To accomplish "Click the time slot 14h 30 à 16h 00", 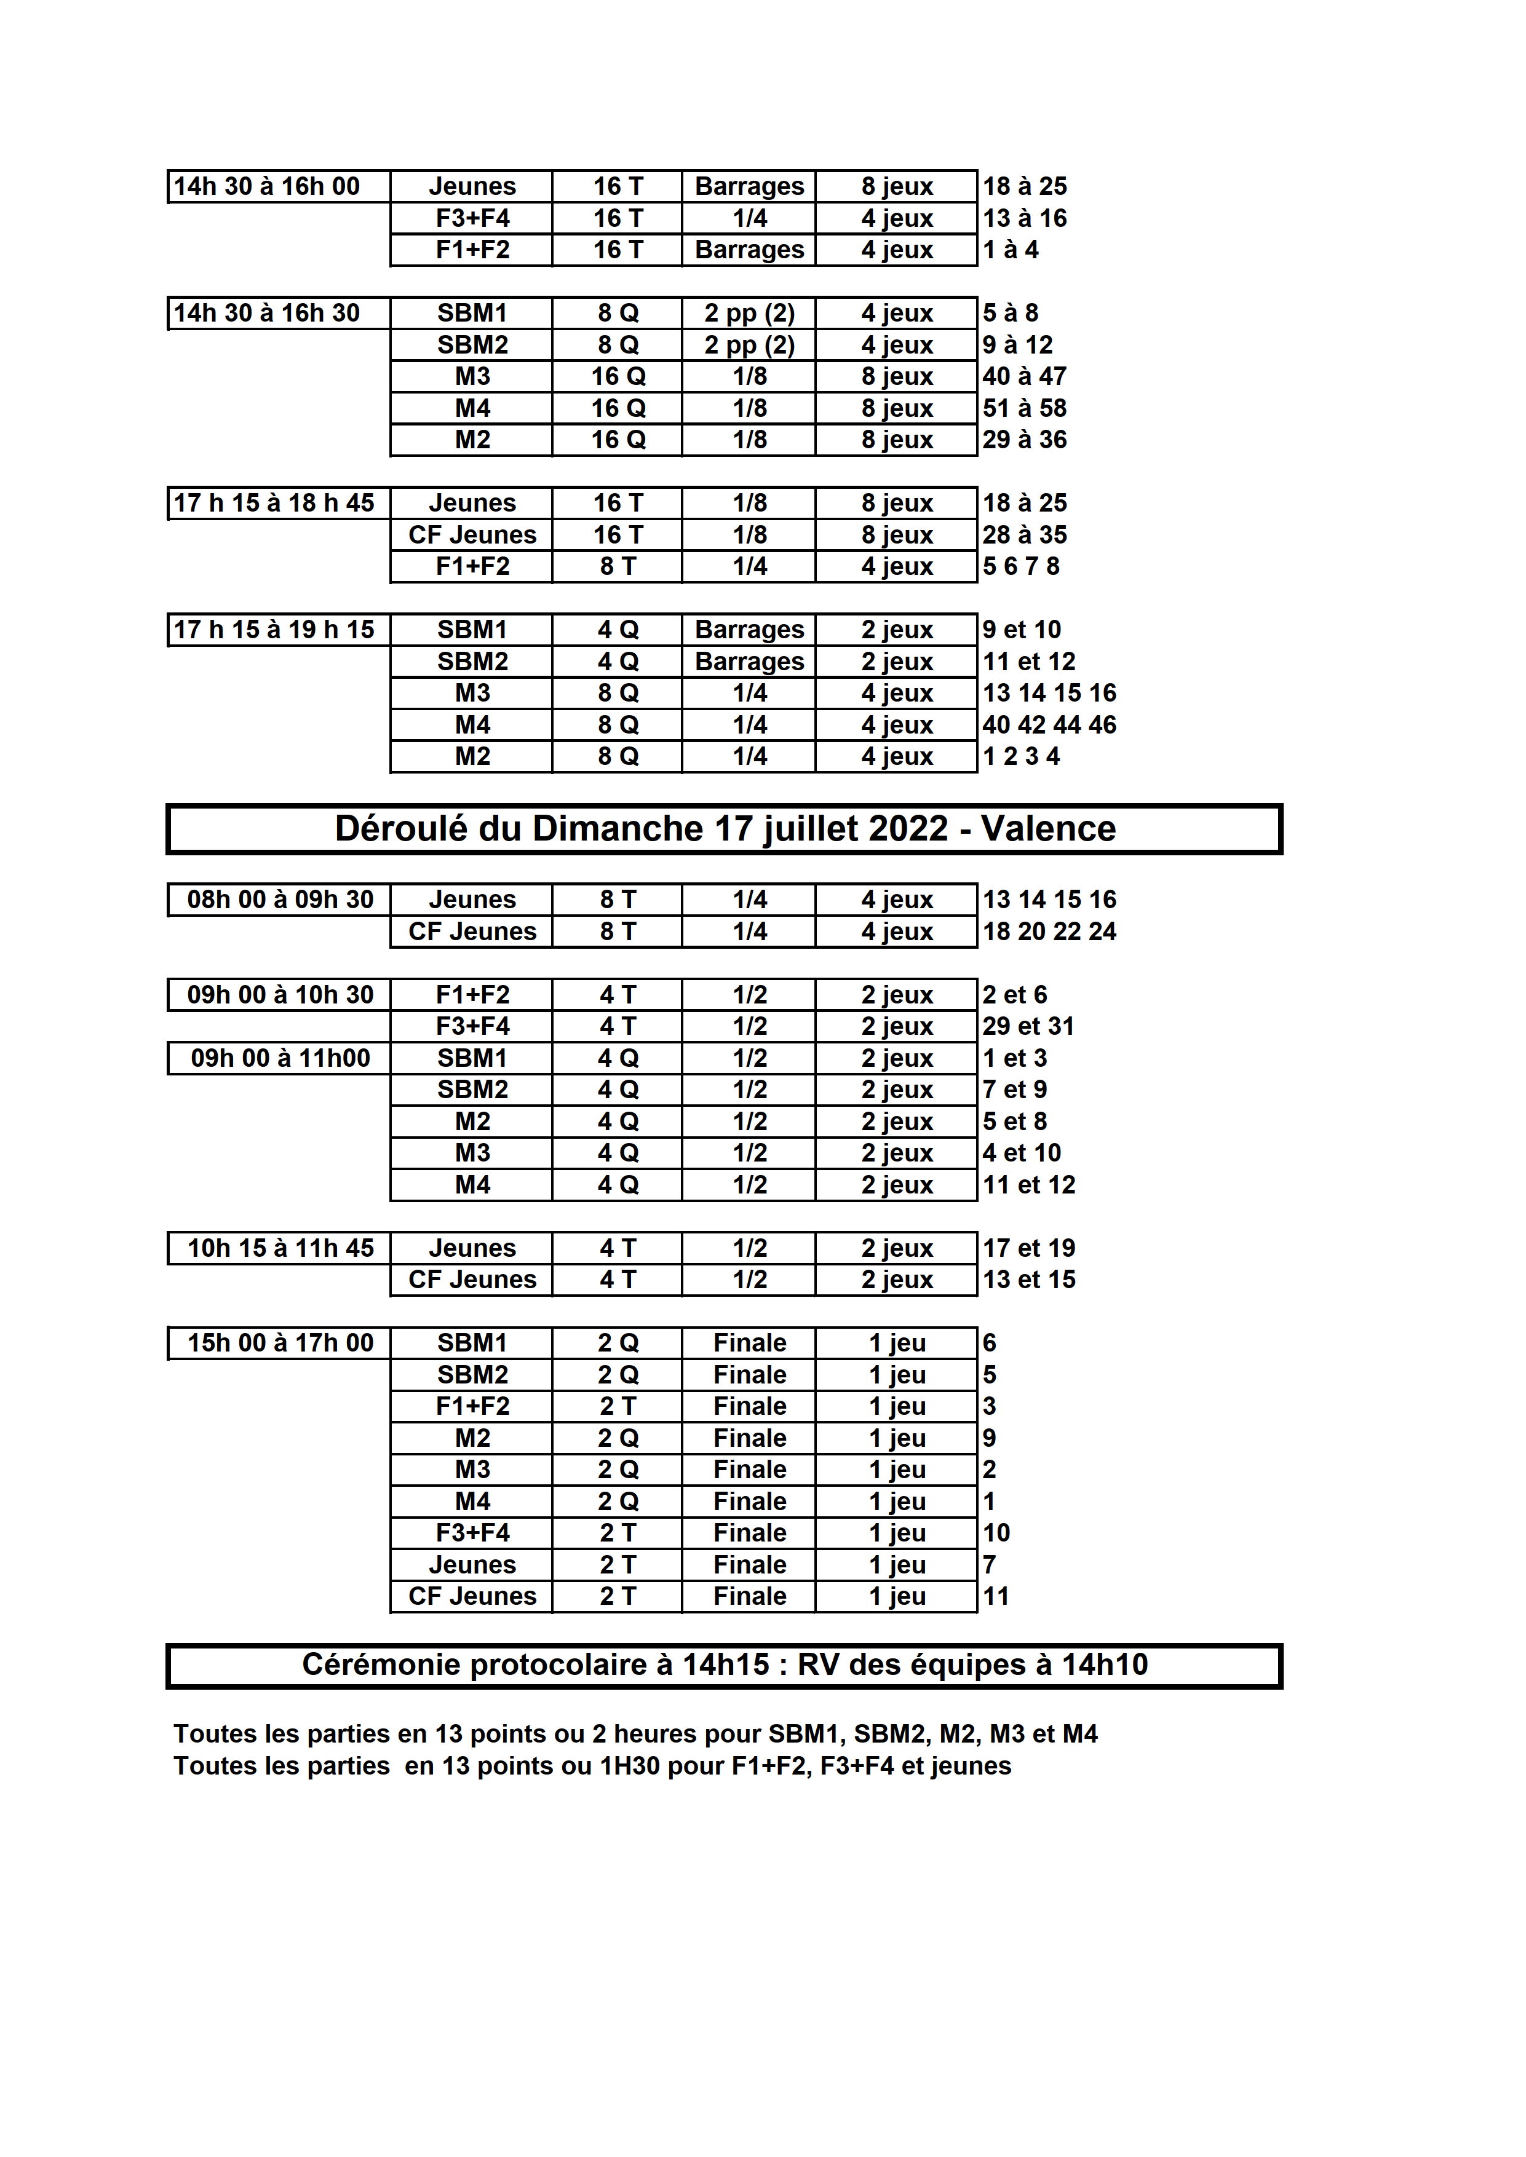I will tap(267, 186).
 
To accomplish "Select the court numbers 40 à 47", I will tap(1024, 377).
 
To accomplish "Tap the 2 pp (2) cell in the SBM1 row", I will tap(749, 313).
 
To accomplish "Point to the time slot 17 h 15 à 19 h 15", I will tap(274, 630).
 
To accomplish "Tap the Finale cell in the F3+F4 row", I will tap(749, 1532).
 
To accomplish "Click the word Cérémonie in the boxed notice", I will tap(381, 1664).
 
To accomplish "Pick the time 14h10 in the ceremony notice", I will tap(1105, 1664).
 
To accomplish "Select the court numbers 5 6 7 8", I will tap(1020, 566).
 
